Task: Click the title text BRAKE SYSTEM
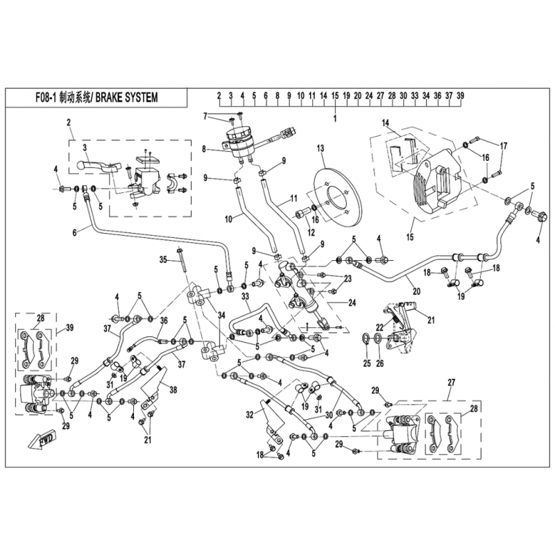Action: [126, 97]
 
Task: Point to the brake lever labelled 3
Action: [99, 166]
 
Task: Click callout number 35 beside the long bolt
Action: [163, 260]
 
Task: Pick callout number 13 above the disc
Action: [321, 148]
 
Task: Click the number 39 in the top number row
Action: [460, 96]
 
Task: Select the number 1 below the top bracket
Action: [335, 119]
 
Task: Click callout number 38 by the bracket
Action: [173, 390]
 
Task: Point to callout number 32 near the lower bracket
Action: [250, 414]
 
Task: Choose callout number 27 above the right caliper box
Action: [451, 383]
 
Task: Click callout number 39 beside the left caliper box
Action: [70, 327]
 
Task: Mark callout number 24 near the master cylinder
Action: [352, 303]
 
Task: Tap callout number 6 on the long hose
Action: [74, 233]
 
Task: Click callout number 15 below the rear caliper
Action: [410, 237]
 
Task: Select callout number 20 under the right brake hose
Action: [417, 291]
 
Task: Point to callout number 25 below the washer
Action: [367, 363]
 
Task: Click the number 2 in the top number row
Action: [219, 96]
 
